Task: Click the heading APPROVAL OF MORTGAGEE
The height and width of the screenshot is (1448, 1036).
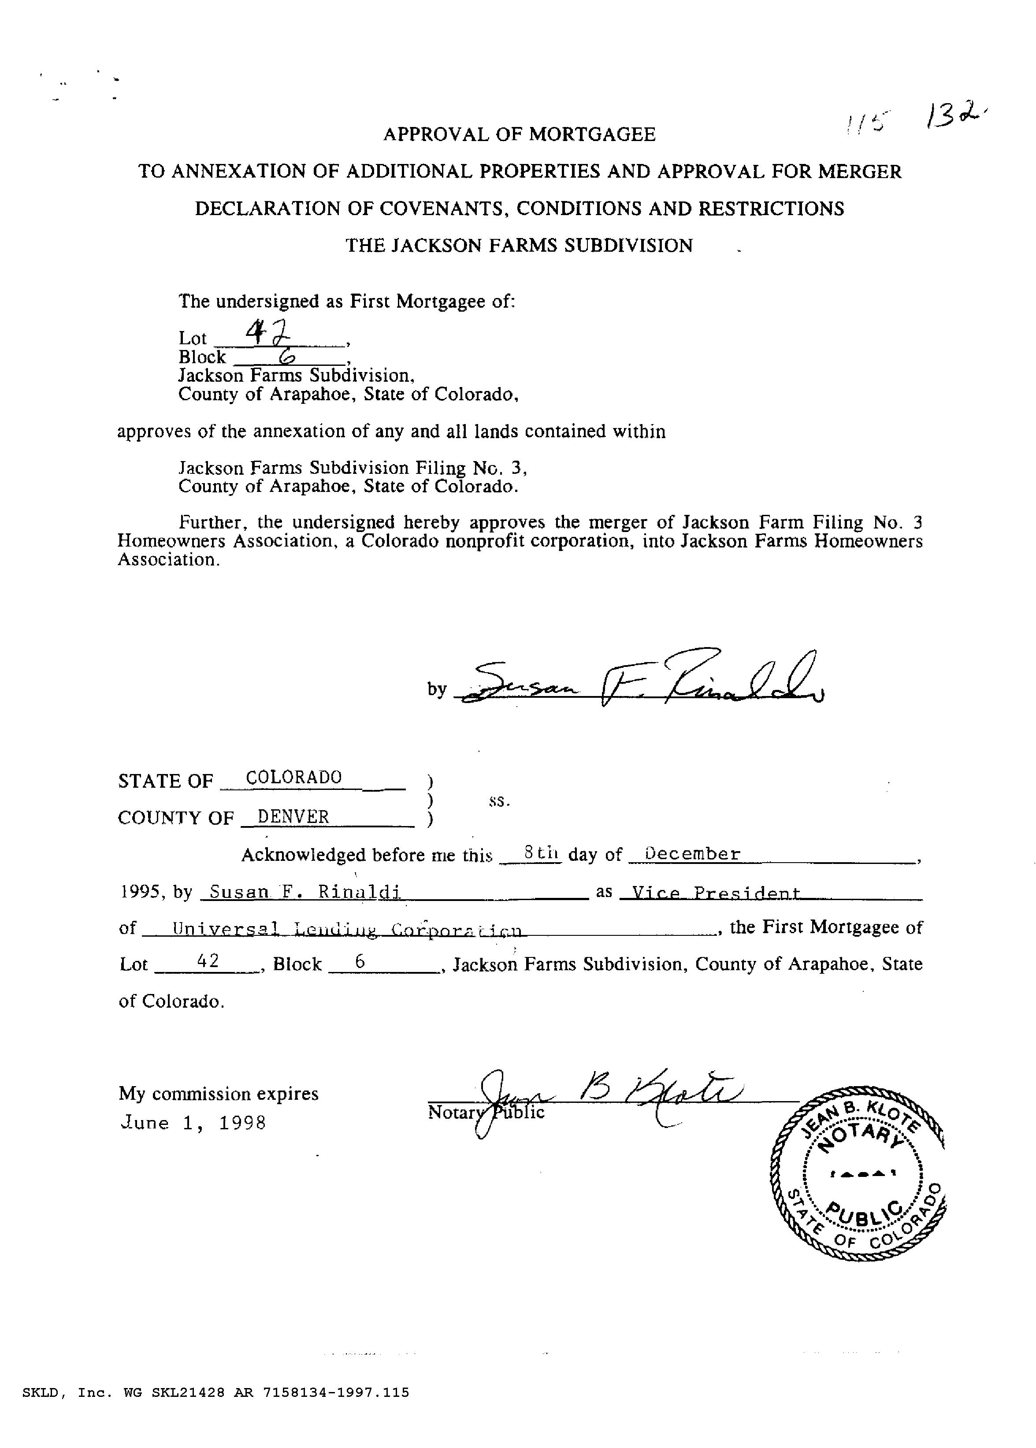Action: pyautogui.click(x=519, y=134)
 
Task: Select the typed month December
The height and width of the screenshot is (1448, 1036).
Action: pyautogui.click(x=693, y=853)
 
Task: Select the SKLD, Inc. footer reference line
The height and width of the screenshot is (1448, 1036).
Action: pyautogui.click(x=215, y=1392)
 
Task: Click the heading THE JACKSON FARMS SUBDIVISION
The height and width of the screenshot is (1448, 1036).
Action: pyautogui.click(x=519, y=246)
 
